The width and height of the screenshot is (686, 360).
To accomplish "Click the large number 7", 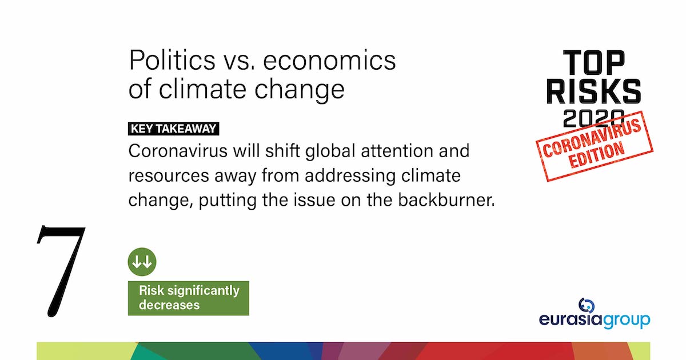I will [61, 271].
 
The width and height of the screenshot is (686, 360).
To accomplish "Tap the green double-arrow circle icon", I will [142, 262].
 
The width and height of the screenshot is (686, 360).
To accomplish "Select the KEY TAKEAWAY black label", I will [174, 129].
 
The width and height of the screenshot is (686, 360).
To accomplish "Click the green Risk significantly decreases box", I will [188, 298].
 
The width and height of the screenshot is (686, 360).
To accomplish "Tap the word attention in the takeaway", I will [404, 151].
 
